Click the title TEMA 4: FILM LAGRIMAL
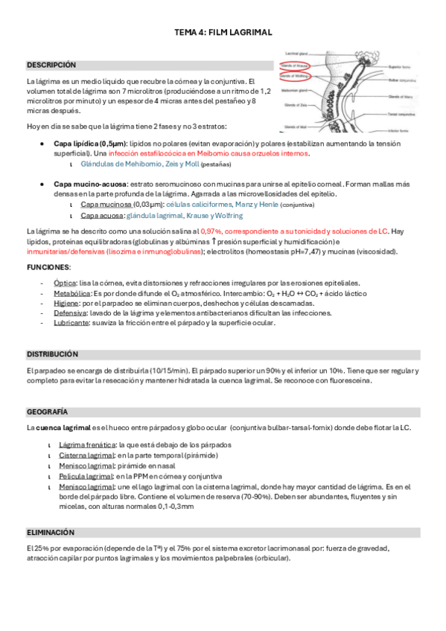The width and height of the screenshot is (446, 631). (x=223, y=33)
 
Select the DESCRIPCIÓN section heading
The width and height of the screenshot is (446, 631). (x=51, y=65)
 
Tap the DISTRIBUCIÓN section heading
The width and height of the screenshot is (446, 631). (x=52, y=354)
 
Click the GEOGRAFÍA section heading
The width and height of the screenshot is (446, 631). (x=48, y=411)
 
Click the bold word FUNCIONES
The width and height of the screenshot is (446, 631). (x=48, y=266)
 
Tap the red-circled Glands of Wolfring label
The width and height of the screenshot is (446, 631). (x=296, y=76)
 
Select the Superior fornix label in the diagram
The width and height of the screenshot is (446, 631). (x=404, y=65)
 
